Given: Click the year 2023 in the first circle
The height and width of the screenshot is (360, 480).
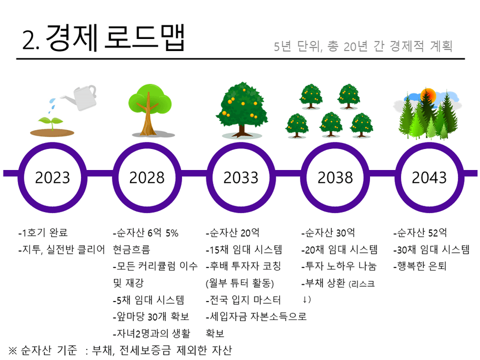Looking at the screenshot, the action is (52, 177).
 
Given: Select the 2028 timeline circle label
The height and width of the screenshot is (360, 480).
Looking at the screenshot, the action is (147, 177).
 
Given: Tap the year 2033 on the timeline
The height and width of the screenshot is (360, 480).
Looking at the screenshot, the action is (241, 177).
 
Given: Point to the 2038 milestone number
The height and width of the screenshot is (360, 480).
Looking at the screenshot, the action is (335, 177).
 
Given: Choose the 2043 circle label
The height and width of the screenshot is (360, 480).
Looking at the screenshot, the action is (429, 177).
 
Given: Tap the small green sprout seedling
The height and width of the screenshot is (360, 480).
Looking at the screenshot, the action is (51, 123).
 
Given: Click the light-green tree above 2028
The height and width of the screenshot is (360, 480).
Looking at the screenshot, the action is (150, 109).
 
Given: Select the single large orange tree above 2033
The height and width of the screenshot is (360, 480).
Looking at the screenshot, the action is (242, 109).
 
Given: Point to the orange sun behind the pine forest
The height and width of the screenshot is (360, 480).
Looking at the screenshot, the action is (428, 95).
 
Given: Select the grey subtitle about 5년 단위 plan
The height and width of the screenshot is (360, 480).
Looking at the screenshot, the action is (363, 46).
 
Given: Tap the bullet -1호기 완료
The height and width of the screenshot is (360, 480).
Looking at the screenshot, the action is (43, 233).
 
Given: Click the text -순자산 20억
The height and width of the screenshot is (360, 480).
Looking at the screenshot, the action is (233, 233).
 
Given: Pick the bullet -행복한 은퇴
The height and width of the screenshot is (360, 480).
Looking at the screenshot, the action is (419, 266).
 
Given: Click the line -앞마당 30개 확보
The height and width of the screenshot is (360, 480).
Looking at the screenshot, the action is (151, 316).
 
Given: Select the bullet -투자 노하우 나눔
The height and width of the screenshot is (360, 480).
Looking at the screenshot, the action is (338, 266).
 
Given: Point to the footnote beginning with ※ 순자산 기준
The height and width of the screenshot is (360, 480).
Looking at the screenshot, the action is (120, 350).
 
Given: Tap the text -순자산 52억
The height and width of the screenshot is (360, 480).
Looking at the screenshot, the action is (420, 233).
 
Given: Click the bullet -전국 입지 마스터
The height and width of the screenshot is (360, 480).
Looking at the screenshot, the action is (243, 299).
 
